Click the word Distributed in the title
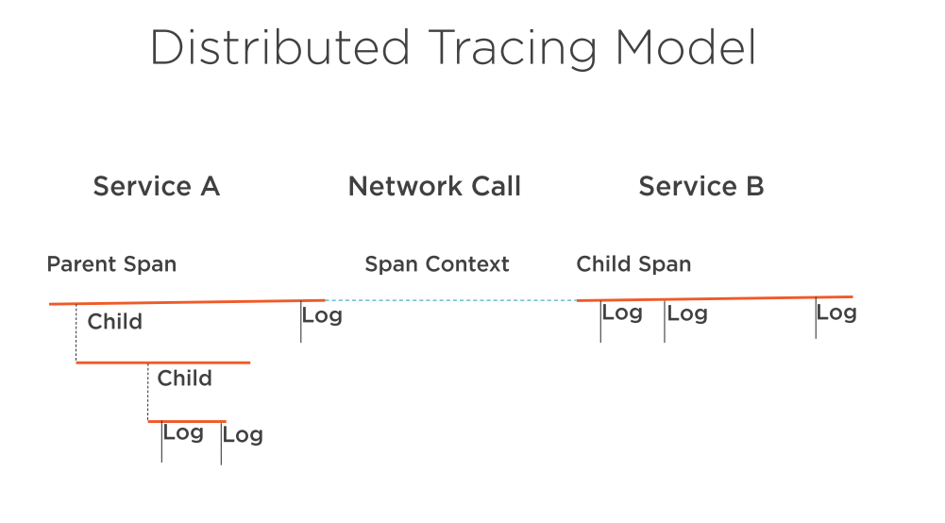click(280, 47)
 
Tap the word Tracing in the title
click(513, 49)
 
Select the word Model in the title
click(685, 47)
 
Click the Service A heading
click(156, 186)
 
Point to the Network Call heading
click(434, 186)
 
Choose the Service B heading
click(701, 186)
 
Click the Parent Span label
click(111, 264)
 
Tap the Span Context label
click(437, 264)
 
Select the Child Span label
click(633, 264)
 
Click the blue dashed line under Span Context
click(451, 300)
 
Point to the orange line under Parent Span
click(188, 302)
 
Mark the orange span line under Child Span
click(715, 298)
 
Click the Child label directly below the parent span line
click(114, 322)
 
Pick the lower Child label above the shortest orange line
click(184, 379)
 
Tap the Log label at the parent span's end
click(322, 315)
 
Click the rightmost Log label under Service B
click(836, 312)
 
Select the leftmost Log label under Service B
click(622, 313)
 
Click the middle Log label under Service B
click(687, 314)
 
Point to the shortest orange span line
click(187, 421)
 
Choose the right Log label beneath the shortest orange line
click(243, 435)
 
